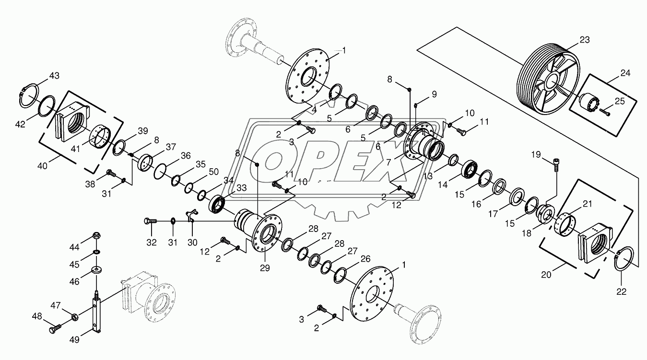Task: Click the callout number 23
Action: (x=585, y=40)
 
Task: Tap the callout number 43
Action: (x=54, y=76)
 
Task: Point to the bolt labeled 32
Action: (x=150, y=221)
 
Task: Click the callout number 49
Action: (x=74, y=340)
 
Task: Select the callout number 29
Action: (x=265, y=268)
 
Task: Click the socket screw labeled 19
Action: (x=556, y=165)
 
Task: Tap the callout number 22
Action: (x=621, y=292)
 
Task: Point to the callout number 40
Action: (x=43, y=166)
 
